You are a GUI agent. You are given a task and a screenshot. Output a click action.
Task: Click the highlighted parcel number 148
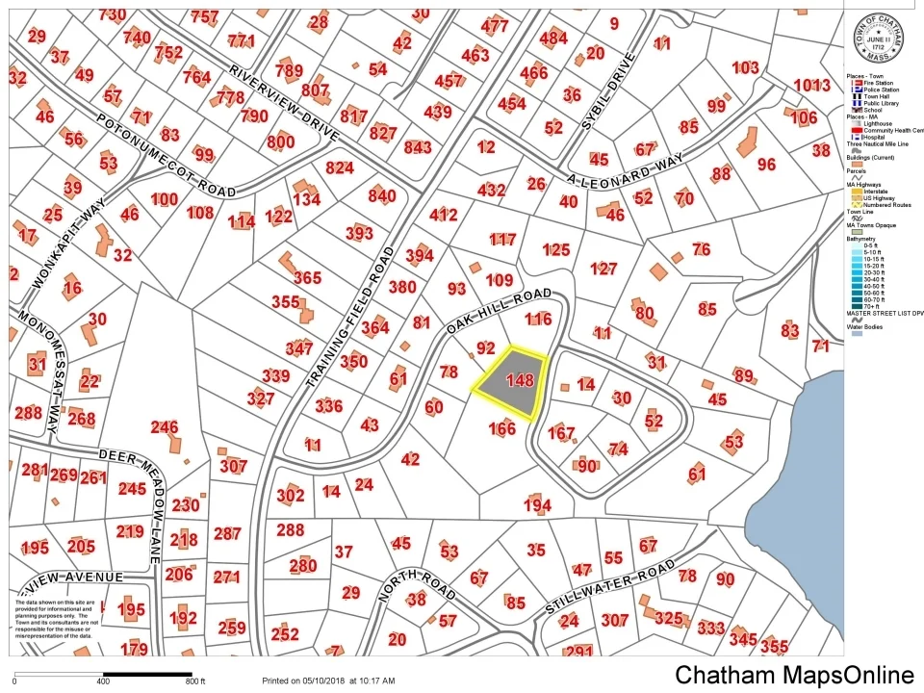tap(519, 380)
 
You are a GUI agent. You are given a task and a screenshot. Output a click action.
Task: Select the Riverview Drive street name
tap(283, 104)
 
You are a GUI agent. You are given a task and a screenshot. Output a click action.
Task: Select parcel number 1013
tap(810, 85)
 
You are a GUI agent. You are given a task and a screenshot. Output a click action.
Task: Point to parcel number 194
tap(537, 505)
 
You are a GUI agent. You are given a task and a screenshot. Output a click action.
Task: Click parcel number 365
tap(307, 278)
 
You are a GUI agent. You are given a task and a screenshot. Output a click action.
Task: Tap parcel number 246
tap(165, 427)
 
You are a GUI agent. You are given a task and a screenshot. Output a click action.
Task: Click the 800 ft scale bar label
tap(194, 681)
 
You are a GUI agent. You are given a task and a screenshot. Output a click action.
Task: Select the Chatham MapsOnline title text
tap(794, 675)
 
